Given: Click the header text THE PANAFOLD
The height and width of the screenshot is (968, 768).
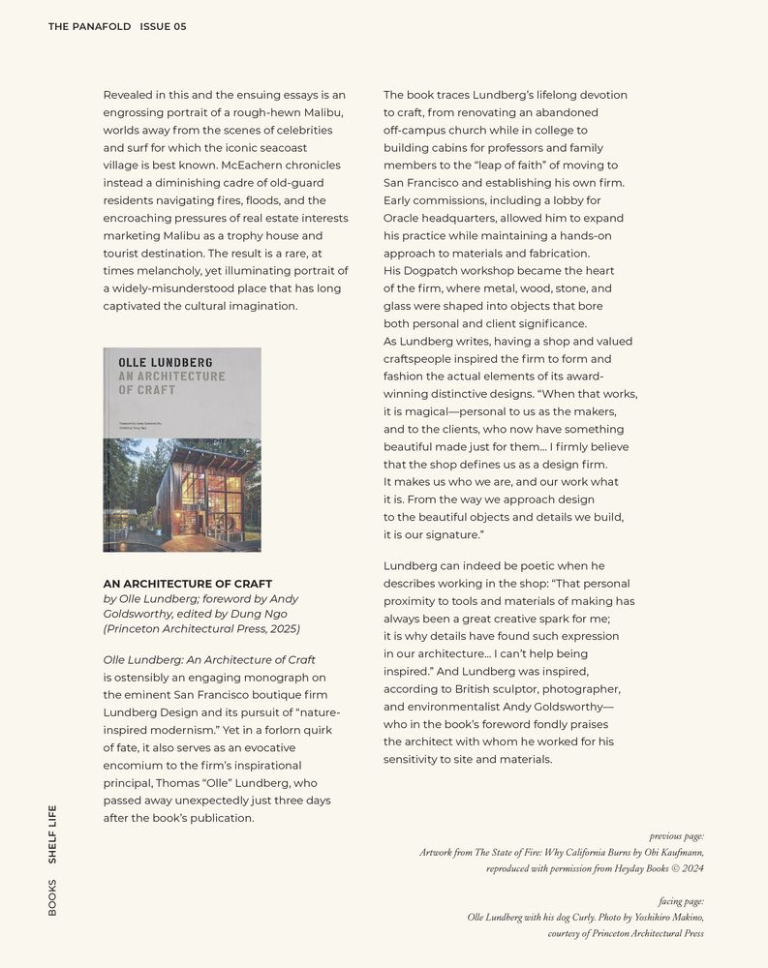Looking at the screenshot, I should point(89,27).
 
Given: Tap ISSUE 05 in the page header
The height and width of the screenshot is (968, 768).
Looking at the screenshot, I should point(163,27).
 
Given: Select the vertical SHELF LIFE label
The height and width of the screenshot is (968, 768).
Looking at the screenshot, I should point(52,833).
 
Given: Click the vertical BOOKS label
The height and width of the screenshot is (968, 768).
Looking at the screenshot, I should point(52,897).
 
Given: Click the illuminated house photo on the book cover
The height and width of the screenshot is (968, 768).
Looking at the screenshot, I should point(182,495).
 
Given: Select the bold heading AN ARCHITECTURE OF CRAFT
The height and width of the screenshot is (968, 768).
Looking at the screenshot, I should point(188,584).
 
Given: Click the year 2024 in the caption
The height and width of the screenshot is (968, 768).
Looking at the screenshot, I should point(691,869).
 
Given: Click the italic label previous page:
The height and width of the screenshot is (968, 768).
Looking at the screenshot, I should point(676,836).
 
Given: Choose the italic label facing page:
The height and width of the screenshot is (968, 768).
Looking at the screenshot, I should point(681,901).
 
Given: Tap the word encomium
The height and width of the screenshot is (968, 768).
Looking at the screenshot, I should point(135,765).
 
